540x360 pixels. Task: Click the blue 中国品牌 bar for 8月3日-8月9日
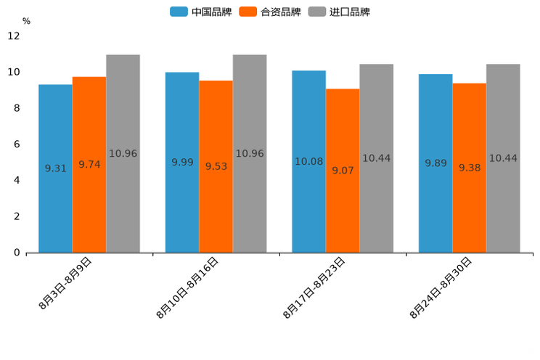[x=55, y=203]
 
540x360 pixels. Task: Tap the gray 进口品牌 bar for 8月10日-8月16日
[x=250, y=203]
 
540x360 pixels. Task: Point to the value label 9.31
[x=55, y=168]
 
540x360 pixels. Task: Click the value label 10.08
[x=308, y=161]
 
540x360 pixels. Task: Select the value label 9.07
[x=343, y=171]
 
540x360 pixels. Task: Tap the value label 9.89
[x=435, y=163]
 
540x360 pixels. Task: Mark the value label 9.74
[x=89, y=164]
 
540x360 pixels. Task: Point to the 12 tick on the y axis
[x=14, y=36]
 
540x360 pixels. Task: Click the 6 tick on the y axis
[x=16, y=144]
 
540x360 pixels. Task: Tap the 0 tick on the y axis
[x=16, y=253]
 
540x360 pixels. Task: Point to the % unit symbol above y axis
[x=26, y=21]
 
